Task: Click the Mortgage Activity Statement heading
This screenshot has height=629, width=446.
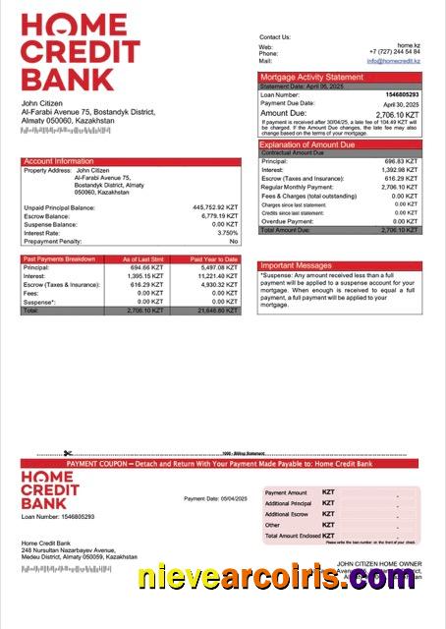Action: tap(310, 77)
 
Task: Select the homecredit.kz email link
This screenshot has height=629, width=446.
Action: tap(393, 61)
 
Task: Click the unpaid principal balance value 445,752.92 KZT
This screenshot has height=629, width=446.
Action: tap(215, 208)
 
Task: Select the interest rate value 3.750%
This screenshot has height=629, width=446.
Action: tap(227, 233)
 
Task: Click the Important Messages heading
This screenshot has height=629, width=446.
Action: tap(296, 265)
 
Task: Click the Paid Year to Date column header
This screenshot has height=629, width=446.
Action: tap(214, 259)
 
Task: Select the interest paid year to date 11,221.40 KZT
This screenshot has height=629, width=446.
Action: tap(217, 276)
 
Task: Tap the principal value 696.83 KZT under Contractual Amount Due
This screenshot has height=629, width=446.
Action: tap(402, 161)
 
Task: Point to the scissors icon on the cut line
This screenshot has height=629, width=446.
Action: tap(67, 454)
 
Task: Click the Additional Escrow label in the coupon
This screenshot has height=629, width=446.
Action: tap(286, 514)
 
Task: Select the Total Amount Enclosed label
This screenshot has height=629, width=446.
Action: tap(292, 535)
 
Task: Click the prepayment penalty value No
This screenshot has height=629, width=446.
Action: tap(234, 241)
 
